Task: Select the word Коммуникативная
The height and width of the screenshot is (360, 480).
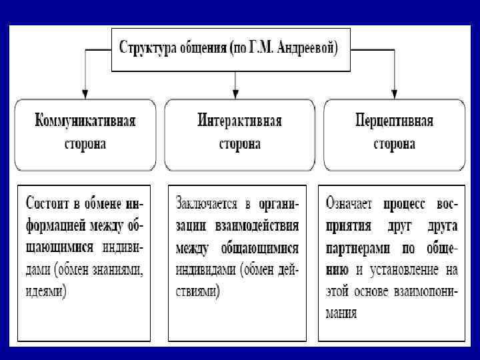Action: click(85, 121)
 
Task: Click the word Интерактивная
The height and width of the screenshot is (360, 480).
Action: click(239, 121)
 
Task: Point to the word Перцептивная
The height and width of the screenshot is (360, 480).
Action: click(395, 121)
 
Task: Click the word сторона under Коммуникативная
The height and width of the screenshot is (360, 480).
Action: click(85, 144)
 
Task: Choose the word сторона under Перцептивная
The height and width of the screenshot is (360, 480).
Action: click(395, 144)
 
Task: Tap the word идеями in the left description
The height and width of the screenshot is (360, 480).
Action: click(46, 292)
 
